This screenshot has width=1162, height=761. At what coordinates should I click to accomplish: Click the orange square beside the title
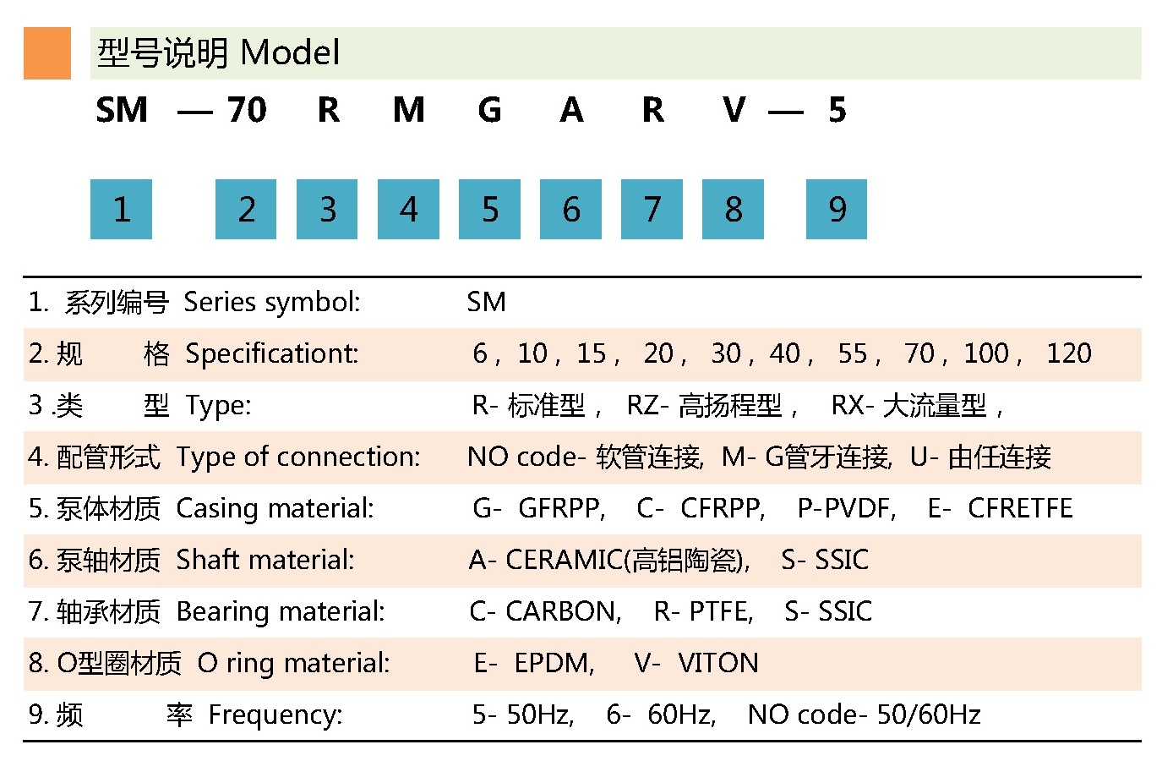(47, 53)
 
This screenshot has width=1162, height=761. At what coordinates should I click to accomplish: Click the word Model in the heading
(290, 53)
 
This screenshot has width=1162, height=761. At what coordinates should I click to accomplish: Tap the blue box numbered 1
(121, 209)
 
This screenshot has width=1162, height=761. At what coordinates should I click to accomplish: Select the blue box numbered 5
(489, 209)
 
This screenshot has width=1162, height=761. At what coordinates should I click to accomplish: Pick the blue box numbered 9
(836, 209)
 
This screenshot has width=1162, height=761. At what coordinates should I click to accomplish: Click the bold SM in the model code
(122, 110)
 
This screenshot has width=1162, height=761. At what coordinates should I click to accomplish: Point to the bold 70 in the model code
(246, 110)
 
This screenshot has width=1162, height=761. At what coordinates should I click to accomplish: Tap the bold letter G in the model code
(489, 110)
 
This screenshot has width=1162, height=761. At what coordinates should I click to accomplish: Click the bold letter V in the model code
(734, 110)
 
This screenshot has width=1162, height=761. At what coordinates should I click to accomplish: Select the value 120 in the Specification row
(1068, 353)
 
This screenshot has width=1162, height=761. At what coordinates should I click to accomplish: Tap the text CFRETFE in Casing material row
(1020, 508)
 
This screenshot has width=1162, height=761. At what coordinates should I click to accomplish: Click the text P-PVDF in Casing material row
(844, 508)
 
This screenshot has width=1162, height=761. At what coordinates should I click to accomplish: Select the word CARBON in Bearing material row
(562, 611)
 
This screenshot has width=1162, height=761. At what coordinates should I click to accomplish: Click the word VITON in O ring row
(717, 663)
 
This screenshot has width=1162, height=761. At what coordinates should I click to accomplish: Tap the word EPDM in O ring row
(554, 663)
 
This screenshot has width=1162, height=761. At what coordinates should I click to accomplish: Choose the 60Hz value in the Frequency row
(680, 715)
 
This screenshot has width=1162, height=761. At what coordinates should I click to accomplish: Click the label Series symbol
(271, 302)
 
